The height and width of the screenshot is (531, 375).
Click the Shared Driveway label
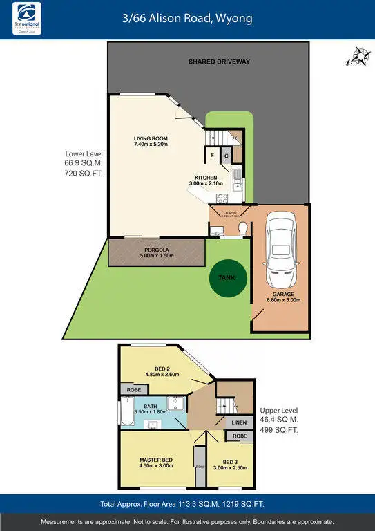pos(219,62)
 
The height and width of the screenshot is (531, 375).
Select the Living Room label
pos(151,139)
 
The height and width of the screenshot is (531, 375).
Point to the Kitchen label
pos(206,178)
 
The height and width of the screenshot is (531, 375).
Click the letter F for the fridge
pos(213,156)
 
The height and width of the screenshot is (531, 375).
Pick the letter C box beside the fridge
pos(227,156)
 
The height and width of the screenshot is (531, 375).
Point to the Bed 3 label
pos(231,462)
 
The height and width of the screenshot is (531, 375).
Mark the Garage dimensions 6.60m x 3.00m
pos(282,300)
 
